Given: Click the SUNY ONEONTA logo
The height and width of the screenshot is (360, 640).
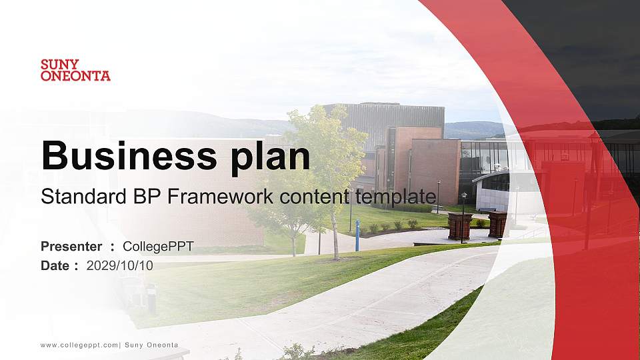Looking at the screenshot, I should click(x=75, y=70).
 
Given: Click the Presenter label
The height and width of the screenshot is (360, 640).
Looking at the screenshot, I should click(x=71, y=247).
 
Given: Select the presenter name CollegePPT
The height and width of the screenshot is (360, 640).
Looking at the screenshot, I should click(x=158, y=247).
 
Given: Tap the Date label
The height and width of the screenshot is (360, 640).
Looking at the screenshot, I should click(x=55, y=265).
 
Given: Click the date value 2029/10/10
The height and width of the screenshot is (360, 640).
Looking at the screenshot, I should click(x=120, y=265).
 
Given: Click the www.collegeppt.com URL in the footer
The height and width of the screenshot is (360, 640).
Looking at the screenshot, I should click(x=79, y=345).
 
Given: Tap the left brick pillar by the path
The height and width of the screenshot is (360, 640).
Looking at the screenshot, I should click(x=459, y=226).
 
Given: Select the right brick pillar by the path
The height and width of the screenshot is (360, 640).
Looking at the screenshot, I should click(x=497, y=225).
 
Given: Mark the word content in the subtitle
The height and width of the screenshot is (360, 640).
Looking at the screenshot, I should click(x=316, y=197).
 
